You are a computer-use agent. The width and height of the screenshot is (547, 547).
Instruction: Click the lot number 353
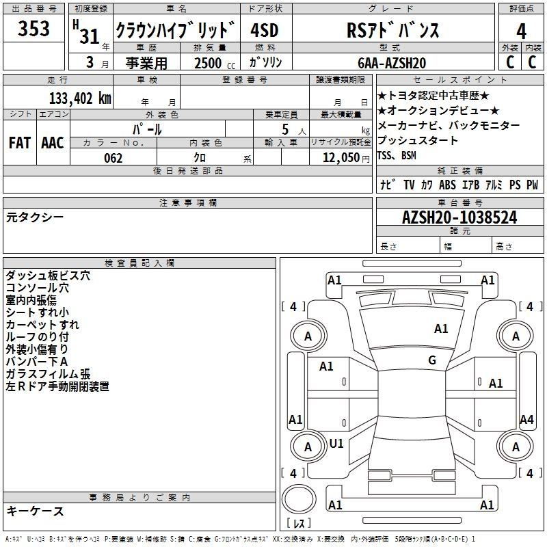click(34, 28)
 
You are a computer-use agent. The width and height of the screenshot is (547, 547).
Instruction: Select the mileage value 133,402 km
click(80, 98)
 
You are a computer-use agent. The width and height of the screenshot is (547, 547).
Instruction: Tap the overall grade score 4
click(521, 31)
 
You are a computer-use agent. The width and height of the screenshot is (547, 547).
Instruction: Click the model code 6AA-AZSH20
click(392, 63)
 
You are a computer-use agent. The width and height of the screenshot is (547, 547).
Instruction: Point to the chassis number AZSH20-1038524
click(459, 217)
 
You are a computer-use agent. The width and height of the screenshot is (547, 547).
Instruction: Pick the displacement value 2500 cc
click(215, 63)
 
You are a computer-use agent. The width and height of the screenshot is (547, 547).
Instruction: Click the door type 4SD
click(265, 30)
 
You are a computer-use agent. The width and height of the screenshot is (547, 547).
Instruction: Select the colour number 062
click(113, 158)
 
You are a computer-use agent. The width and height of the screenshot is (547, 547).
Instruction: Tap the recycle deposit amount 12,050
click(341, 158)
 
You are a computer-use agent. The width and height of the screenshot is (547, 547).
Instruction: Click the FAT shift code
click(20, 143)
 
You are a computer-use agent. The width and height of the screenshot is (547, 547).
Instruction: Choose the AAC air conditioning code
click(53, 143)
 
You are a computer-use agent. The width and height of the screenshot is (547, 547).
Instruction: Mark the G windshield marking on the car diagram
click(432, 360)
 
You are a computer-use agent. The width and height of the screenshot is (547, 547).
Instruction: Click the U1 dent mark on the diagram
click(336, 443)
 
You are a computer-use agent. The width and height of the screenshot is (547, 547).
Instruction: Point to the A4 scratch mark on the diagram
click(526, 419)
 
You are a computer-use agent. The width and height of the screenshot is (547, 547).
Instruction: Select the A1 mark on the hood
click(441, 328)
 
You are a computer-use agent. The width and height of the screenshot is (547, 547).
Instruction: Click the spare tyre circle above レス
click(299, 499)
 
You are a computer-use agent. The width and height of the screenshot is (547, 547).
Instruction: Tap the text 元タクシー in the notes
click(35, 217)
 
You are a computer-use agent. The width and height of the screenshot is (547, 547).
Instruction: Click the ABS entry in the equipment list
click(447, 185)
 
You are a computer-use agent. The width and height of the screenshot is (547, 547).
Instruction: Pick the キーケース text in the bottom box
click(35, 511)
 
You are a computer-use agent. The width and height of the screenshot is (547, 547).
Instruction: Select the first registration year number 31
click(90, 36)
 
